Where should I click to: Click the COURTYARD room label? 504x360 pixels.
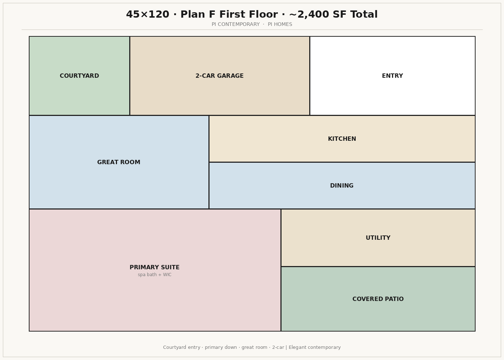[79, 76]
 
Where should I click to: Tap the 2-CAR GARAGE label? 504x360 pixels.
[219, 76]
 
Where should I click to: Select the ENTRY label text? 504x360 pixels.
[392, 76]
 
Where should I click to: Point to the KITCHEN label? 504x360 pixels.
[342, 139]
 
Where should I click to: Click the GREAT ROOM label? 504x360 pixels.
[118, 162]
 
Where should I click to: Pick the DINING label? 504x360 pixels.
[342, 186]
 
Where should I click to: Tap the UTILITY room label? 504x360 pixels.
[378, 238]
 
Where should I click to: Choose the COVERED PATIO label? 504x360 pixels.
[378, 299]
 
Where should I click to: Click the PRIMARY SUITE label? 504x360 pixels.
[154, 267]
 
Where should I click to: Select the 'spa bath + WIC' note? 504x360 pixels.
[154, 275]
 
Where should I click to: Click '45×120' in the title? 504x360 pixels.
[148, 14]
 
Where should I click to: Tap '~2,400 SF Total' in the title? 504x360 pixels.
[333, 14]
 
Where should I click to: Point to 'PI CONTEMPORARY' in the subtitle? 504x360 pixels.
[235, 24]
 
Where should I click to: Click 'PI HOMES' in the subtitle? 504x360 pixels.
[280, 24]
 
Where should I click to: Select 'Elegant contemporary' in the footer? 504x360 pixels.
[315, 347]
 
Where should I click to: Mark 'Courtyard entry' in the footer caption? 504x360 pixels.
[181, 347]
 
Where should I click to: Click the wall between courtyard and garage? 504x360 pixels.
[130, 76]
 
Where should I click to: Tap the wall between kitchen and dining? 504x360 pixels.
[342, 162]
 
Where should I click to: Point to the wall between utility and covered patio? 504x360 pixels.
[378, 267]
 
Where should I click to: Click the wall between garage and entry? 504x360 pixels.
[310, 76]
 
